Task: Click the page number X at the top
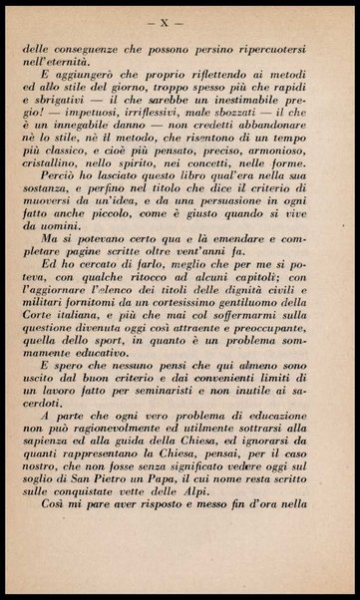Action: click(180, 20)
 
